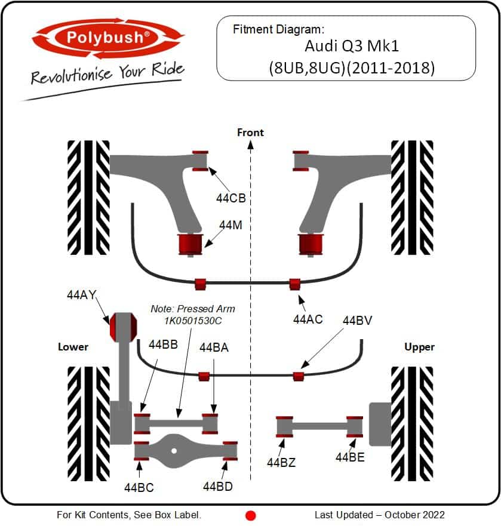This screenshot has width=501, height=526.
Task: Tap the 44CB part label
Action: pos(231,198)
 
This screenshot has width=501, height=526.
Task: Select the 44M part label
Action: pos(231,225)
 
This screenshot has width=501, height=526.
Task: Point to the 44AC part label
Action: pos(308,319)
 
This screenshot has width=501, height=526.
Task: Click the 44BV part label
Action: pos(357,321)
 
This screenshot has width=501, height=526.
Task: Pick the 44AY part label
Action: pos(82,295)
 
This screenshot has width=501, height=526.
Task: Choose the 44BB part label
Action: pos(163,344)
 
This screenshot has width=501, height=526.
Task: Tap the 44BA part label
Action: pos(214,347)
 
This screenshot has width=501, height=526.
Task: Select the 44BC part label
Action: pos(139,487)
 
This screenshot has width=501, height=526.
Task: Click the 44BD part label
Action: pos(218,486)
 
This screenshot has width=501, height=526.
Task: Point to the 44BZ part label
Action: pos(281,463)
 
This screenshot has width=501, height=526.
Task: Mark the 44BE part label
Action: pos(350,457)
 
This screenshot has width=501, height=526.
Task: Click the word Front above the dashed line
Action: pos(250,133)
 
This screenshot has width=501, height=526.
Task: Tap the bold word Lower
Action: pos(73,346)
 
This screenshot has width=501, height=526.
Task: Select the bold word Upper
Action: pos(419,347)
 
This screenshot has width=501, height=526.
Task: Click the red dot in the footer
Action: pos(251,515)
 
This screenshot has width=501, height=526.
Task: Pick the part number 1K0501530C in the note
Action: pos(193,321)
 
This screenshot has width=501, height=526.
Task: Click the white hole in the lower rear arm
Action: pos(174,451)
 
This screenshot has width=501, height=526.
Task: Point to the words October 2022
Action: pos(414,515)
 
